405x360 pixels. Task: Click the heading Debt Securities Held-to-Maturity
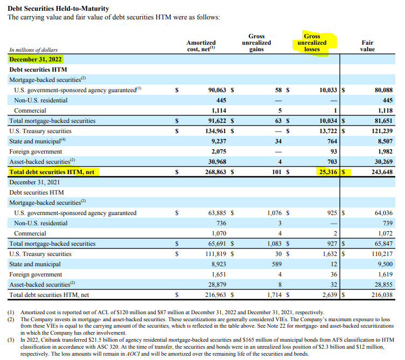coord(58,9)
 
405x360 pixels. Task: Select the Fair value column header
coord(367,46)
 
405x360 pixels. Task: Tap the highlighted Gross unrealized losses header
coord(312,43)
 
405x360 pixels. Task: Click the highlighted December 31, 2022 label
coord(36,59)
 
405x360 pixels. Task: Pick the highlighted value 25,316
coord(328,172)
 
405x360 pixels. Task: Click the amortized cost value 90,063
coord(217,90)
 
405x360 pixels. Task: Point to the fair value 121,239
coord(382,131)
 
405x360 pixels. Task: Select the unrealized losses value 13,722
coord(328,131)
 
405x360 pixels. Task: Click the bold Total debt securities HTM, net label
coord(52,172)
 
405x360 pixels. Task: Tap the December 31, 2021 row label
coord(34,182)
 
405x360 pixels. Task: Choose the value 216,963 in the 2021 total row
coord(215,295)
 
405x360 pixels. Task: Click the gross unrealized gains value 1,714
coord(274,295)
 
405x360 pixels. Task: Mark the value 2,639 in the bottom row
coord(330,295)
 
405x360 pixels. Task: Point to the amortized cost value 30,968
coord(217,162)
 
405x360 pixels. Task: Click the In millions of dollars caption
coord(33,50)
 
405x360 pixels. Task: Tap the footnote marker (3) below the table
coord(11,340)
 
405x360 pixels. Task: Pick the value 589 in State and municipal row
coord(277,264)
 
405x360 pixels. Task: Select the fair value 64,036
coord(383,213)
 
